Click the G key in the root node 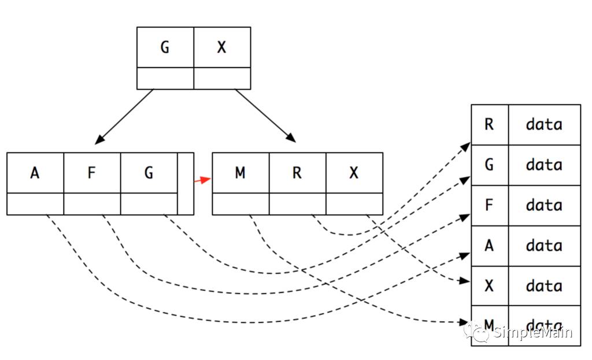165,47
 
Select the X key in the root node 222,47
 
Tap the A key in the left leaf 35,173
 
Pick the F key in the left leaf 92,173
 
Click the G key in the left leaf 149,173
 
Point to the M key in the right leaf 240,173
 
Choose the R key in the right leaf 297,173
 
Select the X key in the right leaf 354,173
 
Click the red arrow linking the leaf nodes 202,180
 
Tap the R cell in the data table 489,124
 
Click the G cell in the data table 489,165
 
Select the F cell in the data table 489,205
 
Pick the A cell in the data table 489,246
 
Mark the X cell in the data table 489,286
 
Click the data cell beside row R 544,124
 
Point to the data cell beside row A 544,246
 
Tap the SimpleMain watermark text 532,333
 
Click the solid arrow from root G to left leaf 125,116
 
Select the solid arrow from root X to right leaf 265,116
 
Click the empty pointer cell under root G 165,78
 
